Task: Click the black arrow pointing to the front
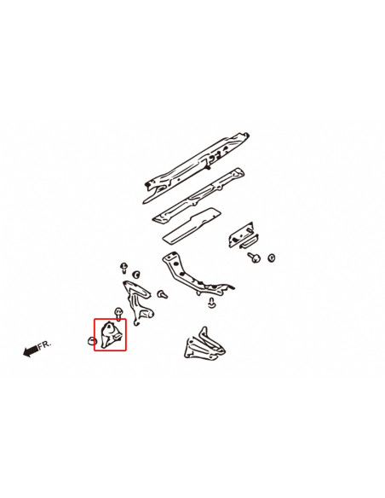pos(31,350)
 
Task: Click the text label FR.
pos(44,345)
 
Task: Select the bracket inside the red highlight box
pos(111,334)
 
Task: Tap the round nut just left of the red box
pos(92,341)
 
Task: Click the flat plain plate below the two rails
pos(192,226)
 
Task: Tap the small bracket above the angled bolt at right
pos(244,235)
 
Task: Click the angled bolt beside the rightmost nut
pos(254,257)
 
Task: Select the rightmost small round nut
pos(272,258)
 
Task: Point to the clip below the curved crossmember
pos(211,303)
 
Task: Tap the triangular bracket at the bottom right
pos(204,345)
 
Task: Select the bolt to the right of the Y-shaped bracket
pos(162,294)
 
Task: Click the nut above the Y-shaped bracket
pos(136,274)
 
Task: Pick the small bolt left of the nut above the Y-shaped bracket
pos(124,268)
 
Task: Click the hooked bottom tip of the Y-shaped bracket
pos(136,323)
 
